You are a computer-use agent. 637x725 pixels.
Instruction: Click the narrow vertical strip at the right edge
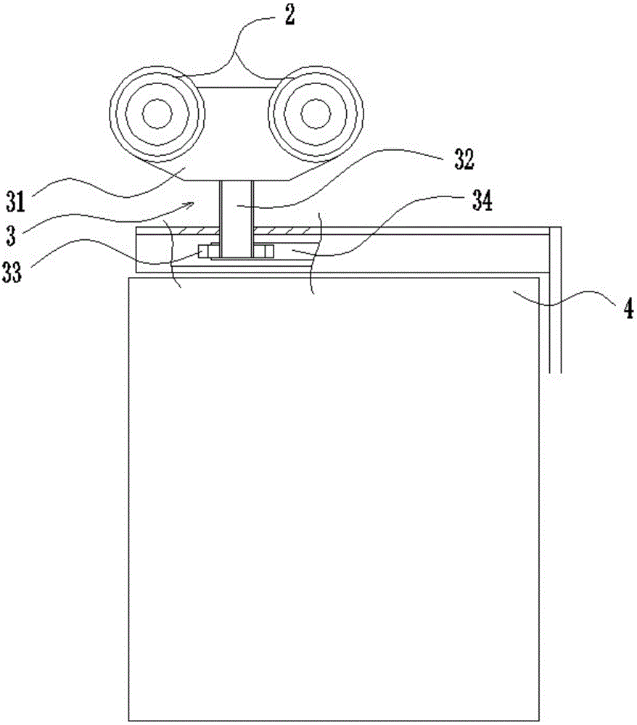pos(556,304)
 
